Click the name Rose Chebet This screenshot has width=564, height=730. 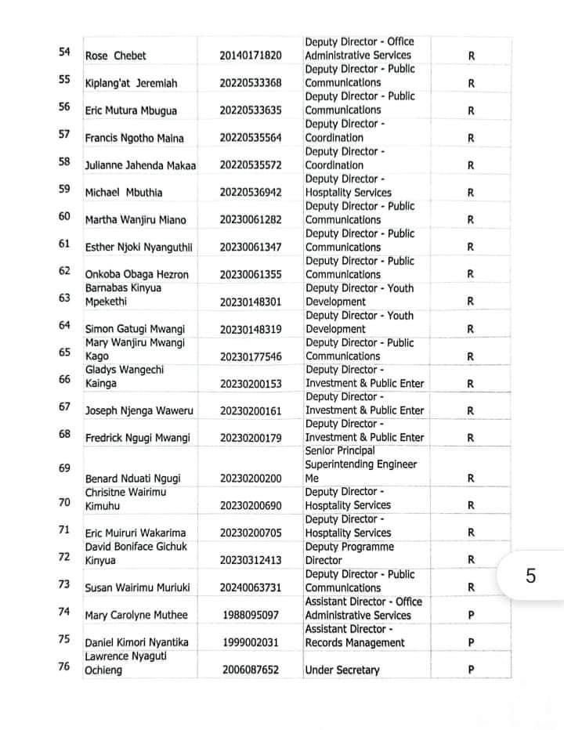115,56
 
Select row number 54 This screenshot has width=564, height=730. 64,52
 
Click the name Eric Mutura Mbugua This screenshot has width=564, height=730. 130,111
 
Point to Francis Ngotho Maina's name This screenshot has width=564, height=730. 134,139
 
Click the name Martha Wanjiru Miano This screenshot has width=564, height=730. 136,220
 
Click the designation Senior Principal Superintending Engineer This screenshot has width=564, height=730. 360,464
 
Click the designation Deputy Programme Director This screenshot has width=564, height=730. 349,554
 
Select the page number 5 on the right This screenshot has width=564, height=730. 530,576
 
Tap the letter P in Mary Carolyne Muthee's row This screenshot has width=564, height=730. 471,616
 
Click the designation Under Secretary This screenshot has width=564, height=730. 342,670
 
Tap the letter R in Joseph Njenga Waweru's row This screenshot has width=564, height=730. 471,411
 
